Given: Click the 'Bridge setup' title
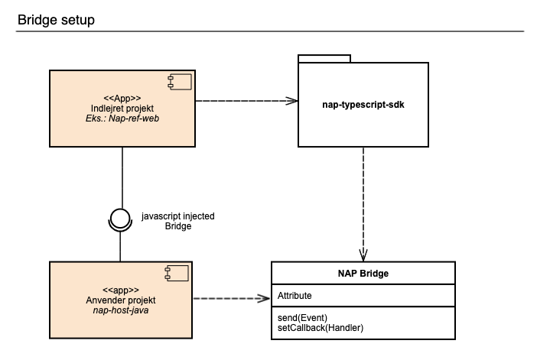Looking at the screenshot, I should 56,20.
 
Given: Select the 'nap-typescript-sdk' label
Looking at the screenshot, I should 363,104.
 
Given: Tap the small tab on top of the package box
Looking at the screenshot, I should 324,57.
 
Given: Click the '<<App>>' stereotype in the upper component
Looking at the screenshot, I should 122,97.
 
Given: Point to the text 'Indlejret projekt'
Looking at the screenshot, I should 122,108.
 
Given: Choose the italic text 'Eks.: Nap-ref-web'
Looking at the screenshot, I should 122,118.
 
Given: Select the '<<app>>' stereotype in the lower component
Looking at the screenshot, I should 122,290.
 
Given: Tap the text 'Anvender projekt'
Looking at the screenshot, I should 122,300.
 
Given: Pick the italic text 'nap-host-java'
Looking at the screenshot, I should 122,310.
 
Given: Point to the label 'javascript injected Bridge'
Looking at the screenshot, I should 177,222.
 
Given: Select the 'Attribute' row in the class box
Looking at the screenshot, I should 295,295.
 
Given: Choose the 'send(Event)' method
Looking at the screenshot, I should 303,316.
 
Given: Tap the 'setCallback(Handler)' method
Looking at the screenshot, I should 320,327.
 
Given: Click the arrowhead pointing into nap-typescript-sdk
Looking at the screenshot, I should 291,100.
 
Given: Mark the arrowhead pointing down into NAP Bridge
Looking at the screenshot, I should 363,255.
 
